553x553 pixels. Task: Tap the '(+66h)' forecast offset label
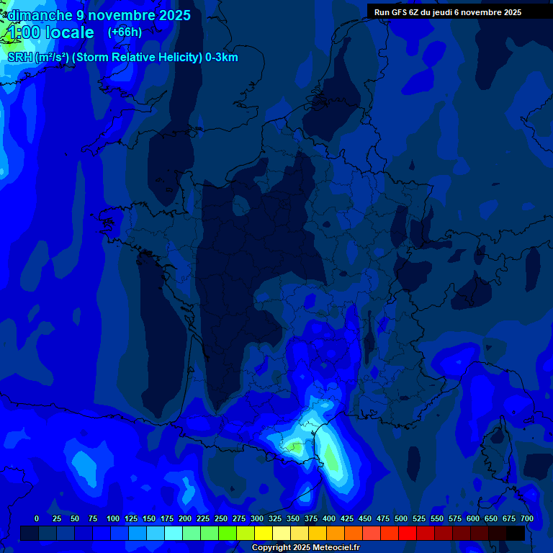click(125, 32)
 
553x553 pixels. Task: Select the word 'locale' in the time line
click(70, 32)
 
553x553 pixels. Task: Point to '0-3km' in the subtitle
click(222, 58)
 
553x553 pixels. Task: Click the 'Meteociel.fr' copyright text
click(331, 548)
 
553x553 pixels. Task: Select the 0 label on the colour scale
click(37, 518)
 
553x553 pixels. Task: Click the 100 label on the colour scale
click(113, 518)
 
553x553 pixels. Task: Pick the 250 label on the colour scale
click(221, 518)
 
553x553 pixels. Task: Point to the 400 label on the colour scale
click(329, 518)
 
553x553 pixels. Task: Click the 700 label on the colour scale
click(527, 518)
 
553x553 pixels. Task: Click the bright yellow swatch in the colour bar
click(264, 533)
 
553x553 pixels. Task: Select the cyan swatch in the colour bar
click(174, 533)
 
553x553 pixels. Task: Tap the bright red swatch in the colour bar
click(408, 533)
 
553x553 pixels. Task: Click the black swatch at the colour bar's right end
click(516, 533)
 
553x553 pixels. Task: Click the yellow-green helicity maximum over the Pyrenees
click(294, 448)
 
